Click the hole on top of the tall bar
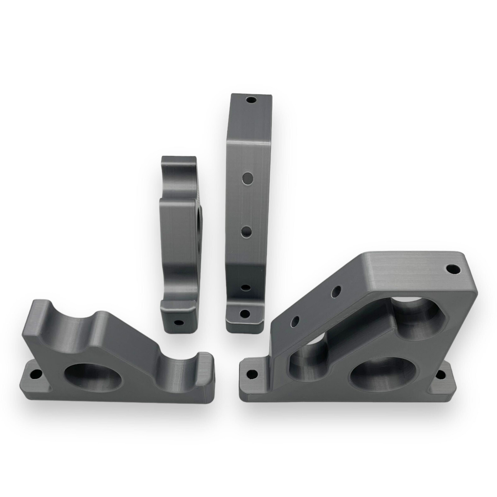tap(251, 100)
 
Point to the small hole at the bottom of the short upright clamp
tap(178, 322)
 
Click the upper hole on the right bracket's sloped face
tap(336, 292)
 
